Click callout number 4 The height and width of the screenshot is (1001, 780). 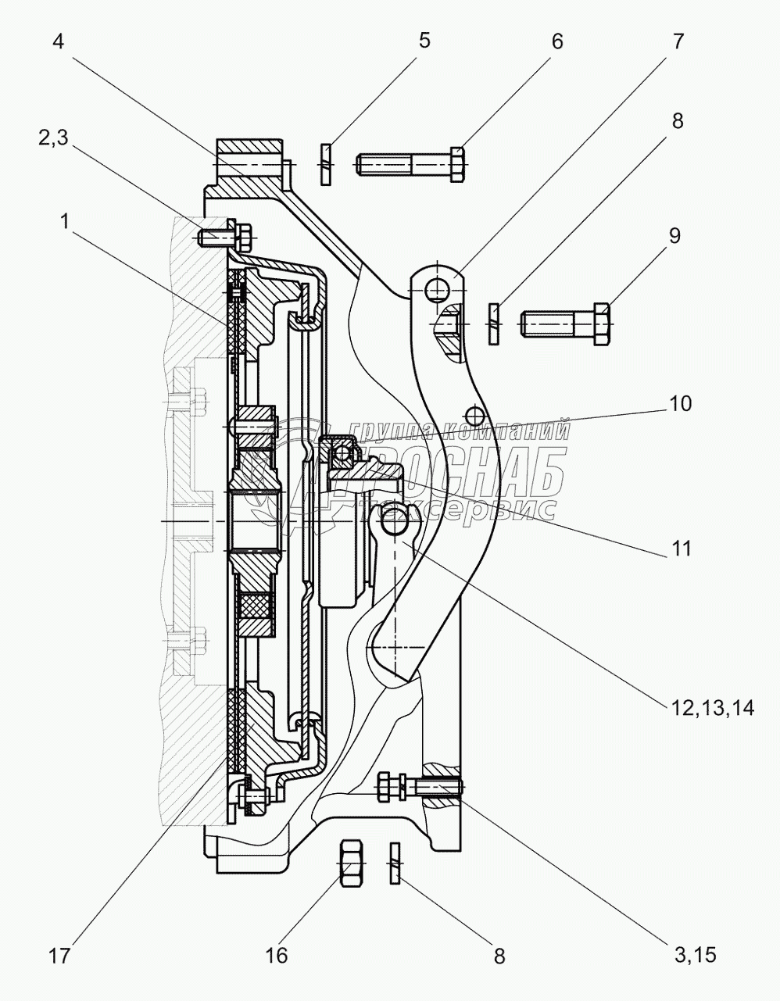[58, 42]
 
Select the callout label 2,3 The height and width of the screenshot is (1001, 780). [53, 138]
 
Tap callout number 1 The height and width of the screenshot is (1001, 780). [65, 222]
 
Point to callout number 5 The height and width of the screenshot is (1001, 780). [424, 40]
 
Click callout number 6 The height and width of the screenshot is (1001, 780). [557, 41]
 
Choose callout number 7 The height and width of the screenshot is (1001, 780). [678, 41]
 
